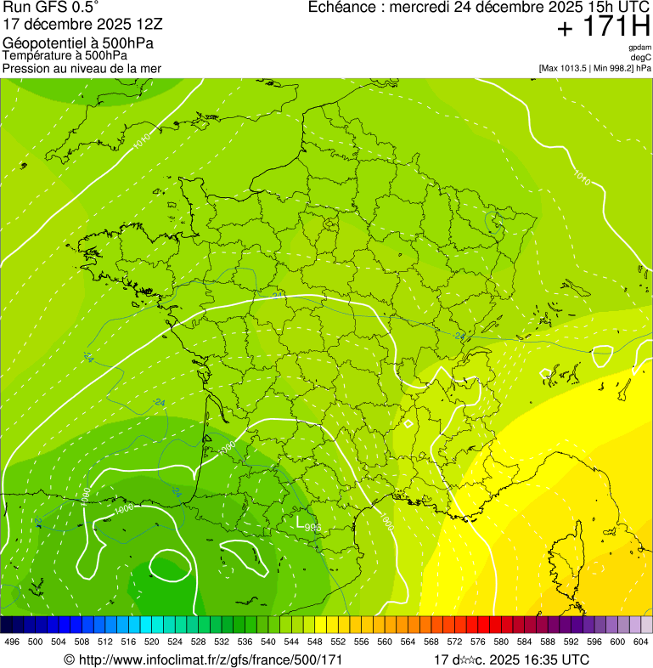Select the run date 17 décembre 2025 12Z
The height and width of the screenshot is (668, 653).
[x=89, y=24]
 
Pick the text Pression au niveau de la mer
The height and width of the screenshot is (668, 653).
[x=82, y=68]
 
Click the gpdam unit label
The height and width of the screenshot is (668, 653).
[x=639, y=48]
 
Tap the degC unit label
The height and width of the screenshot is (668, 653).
[x=641, y=58]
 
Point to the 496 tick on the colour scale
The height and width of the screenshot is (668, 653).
[x=12, y=642]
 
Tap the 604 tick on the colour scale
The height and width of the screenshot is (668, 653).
[x=640, y=642]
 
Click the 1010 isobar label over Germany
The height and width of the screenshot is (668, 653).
[x=582, y=178]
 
